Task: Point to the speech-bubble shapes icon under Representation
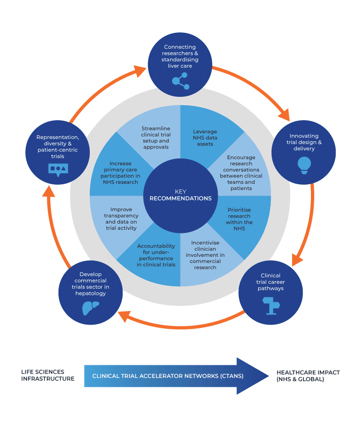58,169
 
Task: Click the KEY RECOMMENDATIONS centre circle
180,195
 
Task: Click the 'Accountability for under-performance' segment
156,255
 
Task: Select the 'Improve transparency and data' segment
121,218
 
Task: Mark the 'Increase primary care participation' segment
121,173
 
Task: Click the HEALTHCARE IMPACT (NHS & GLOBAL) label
308,376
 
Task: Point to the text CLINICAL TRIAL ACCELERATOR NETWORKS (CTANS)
168,376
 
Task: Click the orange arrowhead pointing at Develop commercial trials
123,317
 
